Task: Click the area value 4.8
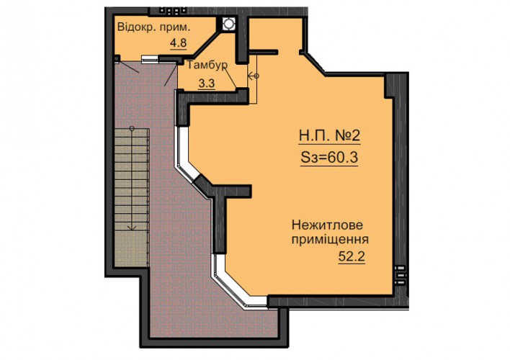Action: [179, 43]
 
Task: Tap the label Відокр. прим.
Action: [153, 27]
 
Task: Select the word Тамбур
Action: [207, 65]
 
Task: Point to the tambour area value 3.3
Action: [207, 84]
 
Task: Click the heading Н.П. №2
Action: [329, 135]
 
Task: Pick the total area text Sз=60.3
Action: [329, 158]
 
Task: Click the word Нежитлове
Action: [327, 225]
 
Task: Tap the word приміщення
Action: [330, 240]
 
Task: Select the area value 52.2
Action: [352, 256]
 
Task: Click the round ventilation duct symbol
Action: [229, 24]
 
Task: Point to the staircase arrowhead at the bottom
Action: [132, 228]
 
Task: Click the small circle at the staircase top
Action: [132, 128]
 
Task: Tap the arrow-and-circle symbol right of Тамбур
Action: [254, 76]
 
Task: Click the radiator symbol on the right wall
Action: [400, 275]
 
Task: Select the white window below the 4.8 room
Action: [150, 58]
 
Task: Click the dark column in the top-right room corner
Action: [389, 86]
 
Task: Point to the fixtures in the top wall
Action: [171, 11]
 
